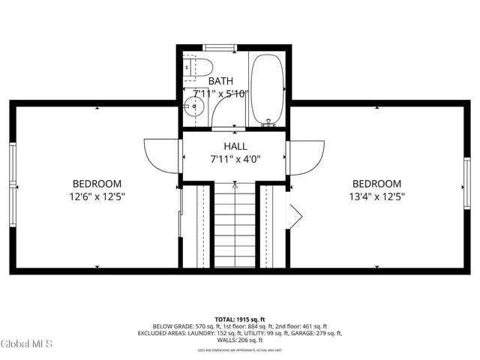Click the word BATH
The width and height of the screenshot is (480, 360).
tap(220, 81)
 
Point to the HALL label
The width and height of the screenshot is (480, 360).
tap(235, 146)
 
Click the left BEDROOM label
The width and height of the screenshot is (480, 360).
tap(97, 184)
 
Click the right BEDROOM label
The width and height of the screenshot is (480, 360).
tap(376, 184)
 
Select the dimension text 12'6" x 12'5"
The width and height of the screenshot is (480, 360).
tap(97, 197)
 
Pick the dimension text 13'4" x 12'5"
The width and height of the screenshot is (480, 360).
tap(376, 197)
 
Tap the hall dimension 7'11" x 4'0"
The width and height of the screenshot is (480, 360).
tap(235, 159)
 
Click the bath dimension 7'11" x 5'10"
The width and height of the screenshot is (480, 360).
tap(220, 94)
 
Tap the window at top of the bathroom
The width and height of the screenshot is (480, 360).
tap(220, 48)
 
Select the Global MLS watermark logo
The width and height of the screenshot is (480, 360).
tap(27, 344)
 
